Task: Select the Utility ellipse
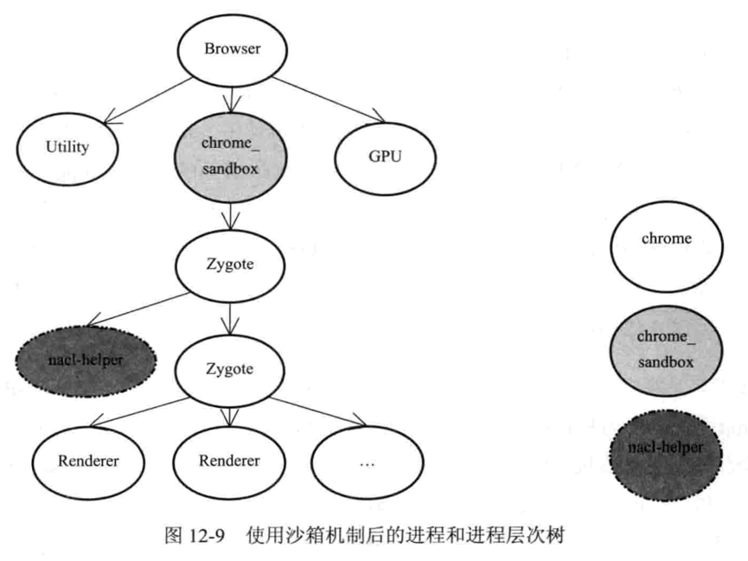pos(67,147)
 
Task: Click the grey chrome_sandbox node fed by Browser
pos(230,156)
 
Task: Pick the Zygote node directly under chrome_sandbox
pos(230,265)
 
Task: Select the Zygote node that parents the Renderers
pos(230,370)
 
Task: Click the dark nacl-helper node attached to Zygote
pos(83,358)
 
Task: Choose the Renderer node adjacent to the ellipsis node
pos(229,462)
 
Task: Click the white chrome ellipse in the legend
pos(666,239)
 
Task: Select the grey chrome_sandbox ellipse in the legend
pos(666,348)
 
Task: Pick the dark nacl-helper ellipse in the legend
pos(666,449)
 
